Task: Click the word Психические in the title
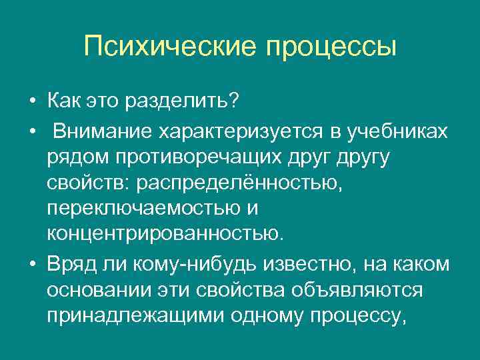(170, 47)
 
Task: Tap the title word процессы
(331, 47)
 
